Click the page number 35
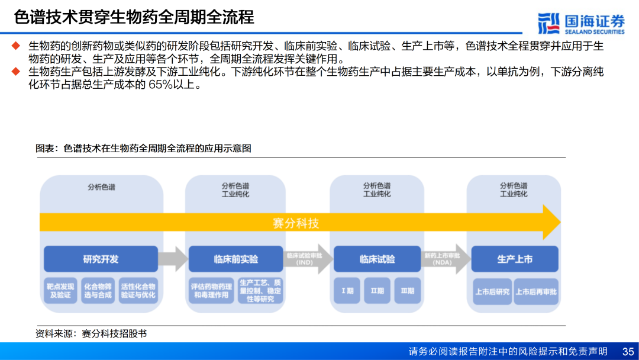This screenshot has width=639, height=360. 628,351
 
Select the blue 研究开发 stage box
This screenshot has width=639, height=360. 101,259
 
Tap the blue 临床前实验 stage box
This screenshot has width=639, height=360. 235,259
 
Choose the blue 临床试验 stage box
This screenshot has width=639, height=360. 377,259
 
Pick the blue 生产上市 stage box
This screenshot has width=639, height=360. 515,259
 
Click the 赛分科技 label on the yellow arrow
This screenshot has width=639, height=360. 296,223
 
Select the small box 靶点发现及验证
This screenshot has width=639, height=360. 60,291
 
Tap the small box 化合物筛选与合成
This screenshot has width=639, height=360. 98,291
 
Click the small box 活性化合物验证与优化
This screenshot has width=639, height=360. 138,291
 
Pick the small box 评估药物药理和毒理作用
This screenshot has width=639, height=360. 210,291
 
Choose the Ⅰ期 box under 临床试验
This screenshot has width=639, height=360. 347,291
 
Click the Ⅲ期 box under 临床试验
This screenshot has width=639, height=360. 408,291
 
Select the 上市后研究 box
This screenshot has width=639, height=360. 492,291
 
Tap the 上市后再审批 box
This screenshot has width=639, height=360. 537,291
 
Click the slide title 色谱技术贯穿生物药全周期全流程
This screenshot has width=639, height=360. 134,17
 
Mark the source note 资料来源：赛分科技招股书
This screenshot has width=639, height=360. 91,334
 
